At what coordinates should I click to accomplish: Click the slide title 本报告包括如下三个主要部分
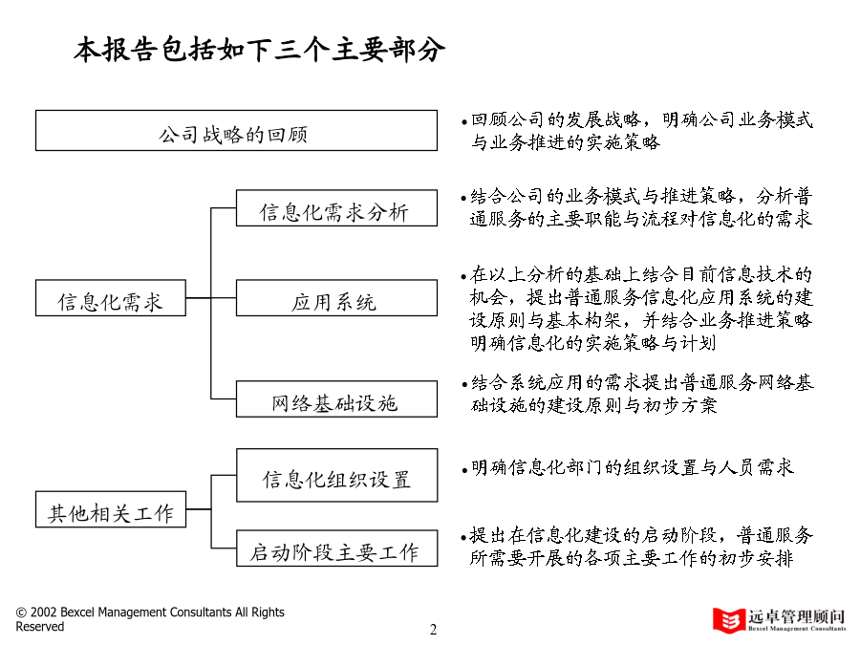click(x=259, y=50)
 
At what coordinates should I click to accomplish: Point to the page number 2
click(x=433, y=629)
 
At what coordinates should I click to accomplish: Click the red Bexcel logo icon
click(x=728, y=620)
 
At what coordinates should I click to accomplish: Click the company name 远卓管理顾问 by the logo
click(x=796, y=616)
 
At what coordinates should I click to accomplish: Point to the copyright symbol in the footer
click(x=21, y=613)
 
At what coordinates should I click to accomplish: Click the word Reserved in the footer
click(x=39, y=626)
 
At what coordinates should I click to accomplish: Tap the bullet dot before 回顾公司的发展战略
click(x=464, y=122)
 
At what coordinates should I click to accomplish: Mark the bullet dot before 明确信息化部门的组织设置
click(x=464, y=470)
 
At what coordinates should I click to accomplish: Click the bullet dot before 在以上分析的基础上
click(x=464, y=277)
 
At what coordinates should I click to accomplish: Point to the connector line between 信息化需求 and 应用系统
click(x=211, y=298)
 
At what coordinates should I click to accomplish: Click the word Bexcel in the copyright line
click(x=76, y=613)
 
